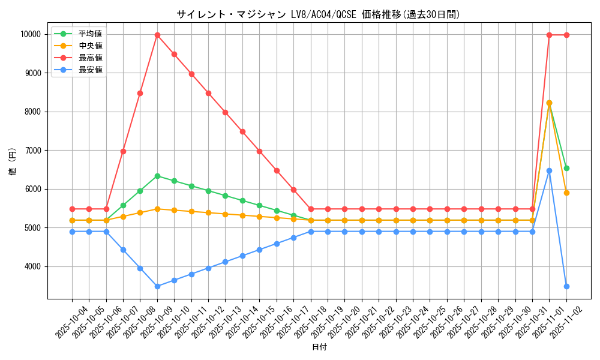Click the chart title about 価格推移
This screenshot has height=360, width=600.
(x=318, y=14)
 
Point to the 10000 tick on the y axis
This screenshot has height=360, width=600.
(x=31, y=35)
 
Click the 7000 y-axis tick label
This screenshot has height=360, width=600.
(x=32, y=151)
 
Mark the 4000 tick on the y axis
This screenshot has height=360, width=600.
(x=32, y=266)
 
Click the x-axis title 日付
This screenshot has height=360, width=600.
(x=319, y=347)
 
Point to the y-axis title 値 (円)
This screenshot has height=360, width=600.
(x=13, y=161)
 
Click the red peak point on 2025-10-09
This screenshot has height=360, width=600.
(x=157, y=35)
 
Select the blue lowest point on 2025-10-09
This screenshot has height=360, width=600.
(x=157, y=286)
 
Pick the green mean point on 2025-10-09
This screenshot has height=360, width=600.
(x=157, y=176)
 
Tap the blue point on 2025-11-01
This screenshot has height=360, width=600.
(x=549, y=170)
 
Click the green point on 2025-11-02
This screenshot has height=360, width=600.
(x=566, y=168)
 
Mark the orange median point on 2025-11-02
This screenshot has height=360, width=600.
(x=566, y=193)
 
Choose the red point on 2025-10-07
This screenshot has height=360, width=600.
(x=123, y=151)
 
